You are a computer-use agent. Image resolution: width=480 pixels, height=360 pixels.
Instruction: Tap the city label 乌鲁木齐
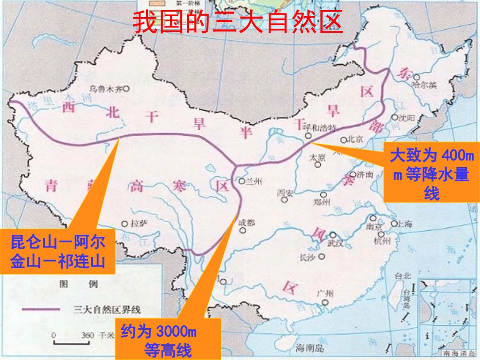[x=106, y=88]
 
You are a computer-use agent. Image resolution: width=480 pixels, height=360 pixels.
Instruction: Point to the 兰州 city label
[x=252, y=182]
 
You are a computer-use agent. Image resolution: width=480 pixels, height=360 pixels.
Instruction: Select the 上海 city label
[x=406, y=224]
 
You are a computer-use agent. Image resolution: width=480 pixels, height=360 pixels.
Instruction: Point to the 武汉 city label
[x=335, y=243]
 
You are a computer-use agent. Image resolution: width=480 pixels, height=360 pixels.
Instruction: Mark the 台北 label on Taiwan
[x=403, y=276]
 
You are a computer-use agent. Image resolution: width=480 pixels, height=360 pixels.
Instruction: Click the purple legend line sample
[x=40, y=309]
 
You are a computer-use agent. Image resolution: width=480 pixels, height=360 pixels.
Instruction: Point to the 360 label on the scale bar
[x=88, y=335]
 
